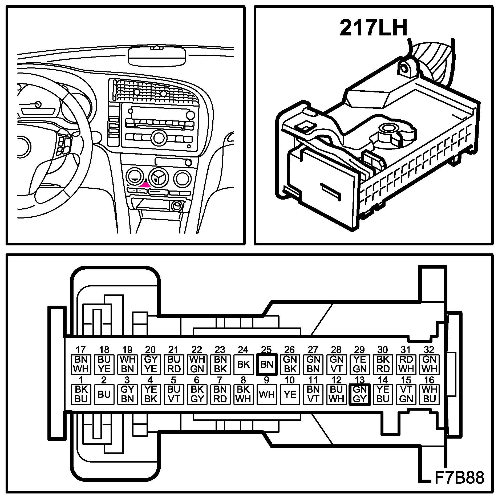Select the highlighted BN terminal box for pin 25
267,364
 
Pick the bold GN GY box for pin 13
359,394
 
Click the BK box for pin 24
243,364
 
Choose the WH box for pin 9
267,394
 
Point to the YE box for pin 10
290,394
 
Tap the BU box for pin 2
104,394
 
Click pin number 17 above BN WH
81,350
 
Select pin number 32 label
429,350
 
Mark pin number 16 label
429,380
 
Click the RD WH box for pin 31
406,364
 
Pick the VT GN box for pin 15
406,394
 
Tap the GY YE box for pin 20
151,364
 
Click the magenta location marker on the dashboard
145,184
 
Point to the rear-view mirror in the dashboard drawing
157,56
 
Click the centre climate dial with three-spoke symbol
159,177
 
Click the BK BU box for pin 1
81,394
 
